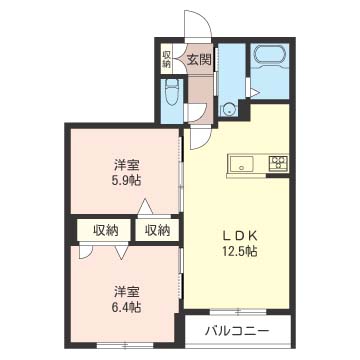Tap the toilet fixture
coord(172,92)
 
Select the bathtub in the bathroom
coord(269,55)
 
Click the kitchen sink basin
coord(241,164)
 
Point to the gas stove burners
coord(279,163)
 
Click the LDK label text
coord(240,236)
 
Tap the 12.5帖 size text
coord(240,251)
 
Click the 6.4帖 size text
coord(126,306)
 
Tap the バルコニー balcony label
coord(237,332)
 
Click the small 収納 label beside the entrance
coord(166,59)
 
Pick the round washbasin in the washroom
coord(228,109)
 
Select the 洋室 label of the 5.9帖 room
coord(126,166)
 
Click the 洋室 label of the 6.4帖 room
coord(126,292)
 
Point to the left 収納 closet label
coord(106,230)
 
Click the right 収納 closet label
coord(158,230)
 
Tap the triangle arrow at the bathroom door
coord(255,93)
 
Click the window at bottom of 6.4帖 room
coord(125,345)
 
